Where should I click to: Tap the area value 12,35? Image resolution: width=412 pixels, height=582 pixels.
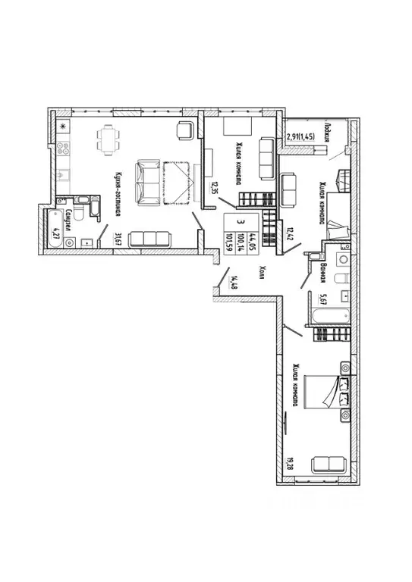tap(215, 189)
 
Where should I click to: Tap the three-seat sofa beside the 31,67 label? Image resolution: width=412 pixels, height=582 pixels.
tap(149, 239)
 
